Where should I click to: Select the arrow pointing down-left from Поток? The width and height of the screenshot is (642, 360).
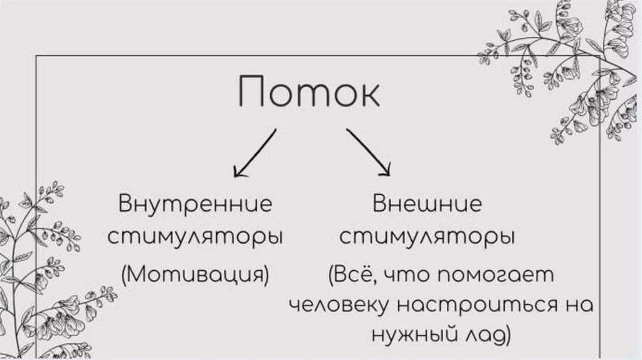point(254,152)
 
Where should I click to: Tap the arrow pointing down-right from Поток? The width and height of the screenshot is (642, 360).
point(368,152)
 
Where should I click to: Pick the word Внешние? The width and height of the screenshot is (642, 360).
point(428,204)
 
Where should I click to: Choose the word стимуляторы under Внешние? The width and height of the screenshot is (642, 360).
point(428,238)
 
